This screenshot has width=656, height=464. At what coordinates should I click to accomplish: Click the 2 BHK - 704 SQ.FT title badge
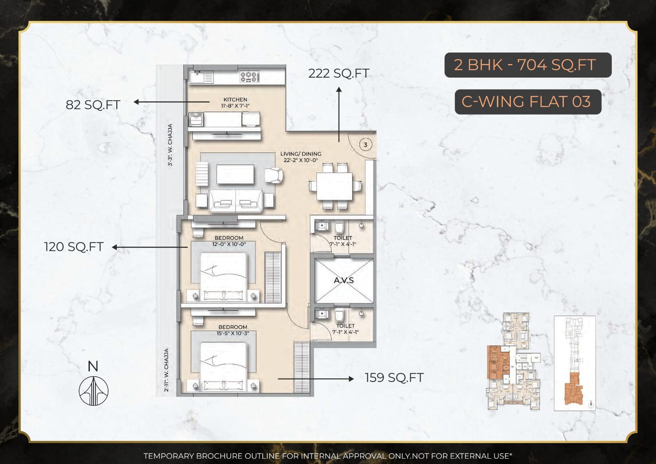(528, 65)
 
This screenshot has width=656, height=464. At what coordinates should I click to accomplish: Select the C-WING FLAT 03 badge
(528, 101)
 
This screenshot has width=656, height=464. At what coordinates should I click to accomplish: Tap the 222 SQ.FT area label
(339, 74)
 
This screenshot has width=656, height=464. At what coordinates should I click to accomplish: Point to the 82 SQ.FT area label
(93, 105)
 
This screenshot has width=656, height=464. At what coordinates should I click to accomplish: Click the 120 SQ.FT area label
(74, 247)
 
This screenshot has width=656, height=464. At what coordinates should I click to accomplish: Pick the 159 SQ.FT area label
(394, 378)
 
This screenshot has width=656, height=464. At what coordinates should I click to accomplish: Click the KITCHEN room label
(235, 100)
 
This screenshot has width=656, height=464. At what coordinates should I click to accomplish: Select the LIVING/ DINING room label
(301, 154)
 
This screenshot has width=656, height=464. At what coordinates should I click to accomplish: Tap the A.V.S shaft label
(344, 280)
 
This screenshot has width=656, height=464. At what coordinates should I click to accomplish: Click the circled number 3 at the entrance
(365, 145)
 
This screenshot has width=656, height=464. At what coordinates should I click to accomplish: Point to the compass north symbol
(93, 390)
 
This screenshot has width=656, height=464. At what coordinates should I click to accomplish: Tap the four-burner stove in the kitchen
(249, 76)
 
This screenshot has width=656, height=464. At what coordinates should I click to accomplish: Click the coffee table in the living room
(235, 175)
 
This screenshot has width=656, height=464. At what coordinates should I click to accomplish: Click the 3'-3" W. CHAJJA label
(170, 145)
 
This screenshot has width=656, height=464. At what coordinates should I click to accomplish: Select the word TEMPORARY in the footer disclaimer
(169, 456)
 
